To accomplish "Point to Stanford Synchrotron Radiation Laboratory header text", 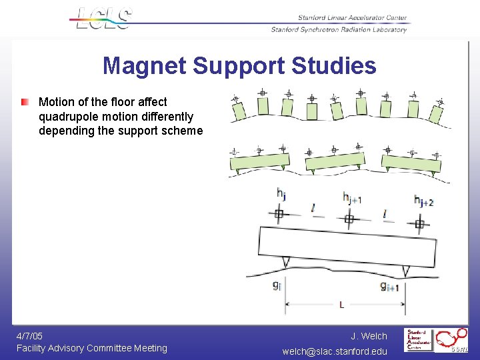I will [x=339, y=29].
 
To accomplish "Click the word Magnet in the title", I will [x=144, y=66].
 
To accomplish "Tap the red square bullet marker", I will [x=25, y=103].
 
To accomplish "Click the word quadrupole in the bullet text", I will [x=70, y=117].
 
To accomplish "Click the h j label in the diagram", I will [x=281, y=195].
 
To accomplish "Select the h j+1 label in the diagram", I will [x=352, y=197].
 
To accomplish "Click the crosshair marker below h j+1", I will [x=349, y=218].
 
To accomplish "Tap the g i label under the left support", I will [x=276, y=285].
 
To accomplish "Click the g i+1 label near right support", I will [x=389, y=287].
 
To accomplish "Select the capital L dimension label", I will [x=341, y=305].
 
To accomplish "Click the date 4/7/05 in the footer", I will [x=30, y=336].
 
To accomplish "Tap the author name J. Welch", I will [x=369, y=336].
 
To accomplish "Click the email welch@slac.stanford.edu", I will [x=335, y=351].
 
